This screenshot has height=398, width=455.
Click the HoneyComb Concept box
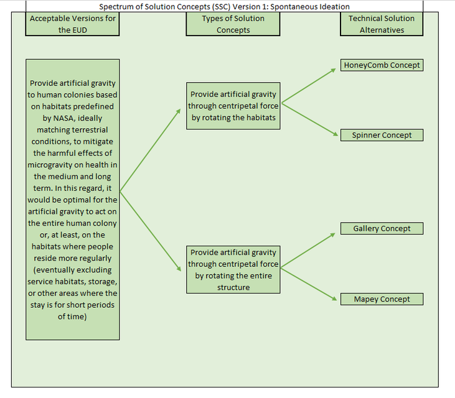pos(382,65)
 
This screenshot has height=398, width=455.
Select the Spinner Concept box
pos(382,136)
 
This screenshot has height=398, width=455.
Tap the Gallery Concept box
pos(382,229)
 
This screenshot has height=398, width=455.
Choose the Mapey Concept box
pos(382,299)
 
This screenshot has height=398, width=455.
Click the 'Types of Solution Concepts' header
pos(233,24)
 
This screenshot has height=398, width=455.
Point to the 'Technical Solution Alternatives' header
pos(382,24)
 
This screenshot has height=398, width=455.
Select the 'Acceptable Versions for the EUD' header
pos(73,24)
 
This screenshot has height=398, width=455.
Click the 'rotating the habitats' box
pos(233,106)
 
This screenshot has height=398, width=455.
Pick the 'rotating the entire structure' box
pos(233,269)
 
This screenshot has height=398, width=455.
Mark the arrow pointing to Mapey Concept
pos(309,283)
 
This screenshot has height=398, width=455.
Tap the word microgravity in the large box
pos(59,165)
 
